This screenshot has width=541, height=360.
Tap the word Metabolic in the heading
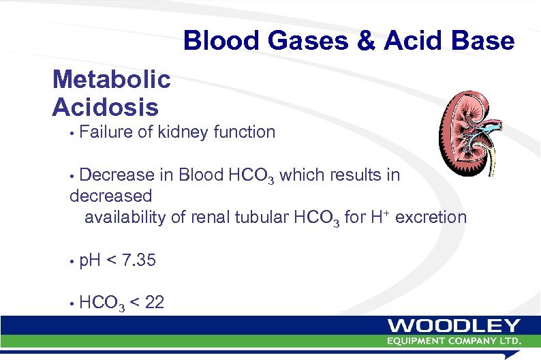(x=112, y=80)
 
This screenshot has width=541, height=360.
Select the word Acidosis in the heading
(x=106, y=107)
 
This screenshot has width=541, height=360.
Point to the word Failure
(x=106, y=132)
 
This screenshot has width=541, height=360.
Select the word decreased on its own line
(x=111, y=196)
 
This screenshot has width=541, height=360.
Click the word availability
(x=129, y=217)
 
